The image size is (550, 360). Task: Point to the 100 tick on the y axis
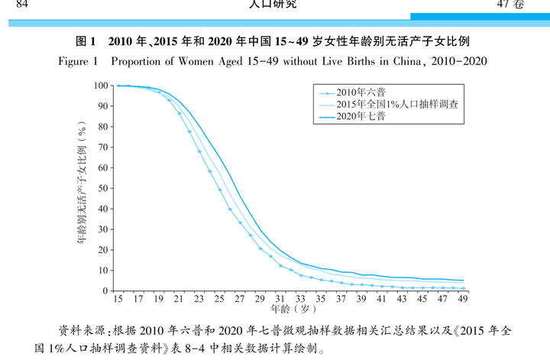pyautogui.click(x=100, y=86)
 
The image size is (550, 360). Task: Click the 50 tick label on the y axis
pyautogui.click(x=102, y=188)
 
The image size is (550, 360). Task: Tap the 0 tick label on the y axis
pyautogui.click(x=105, y=290)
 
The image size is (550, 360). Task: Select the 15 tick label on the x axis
pyautogui.click(x=118, y=299)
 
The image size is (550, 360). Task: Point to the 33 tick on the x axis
pyautogui.click(x=301, y=299)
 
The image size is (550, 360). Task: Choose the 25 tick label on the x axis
pyautogui.click(x=220, y=299)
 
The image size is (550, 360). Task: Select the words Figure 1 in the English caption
pyautogui.click(x=78, y=60)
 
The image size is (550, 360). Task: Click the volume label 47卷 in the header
pyautogui.click(x=510, y=5)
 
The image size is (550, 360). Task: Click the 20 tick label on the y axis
pyautogui.click(x=102, y=249)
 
